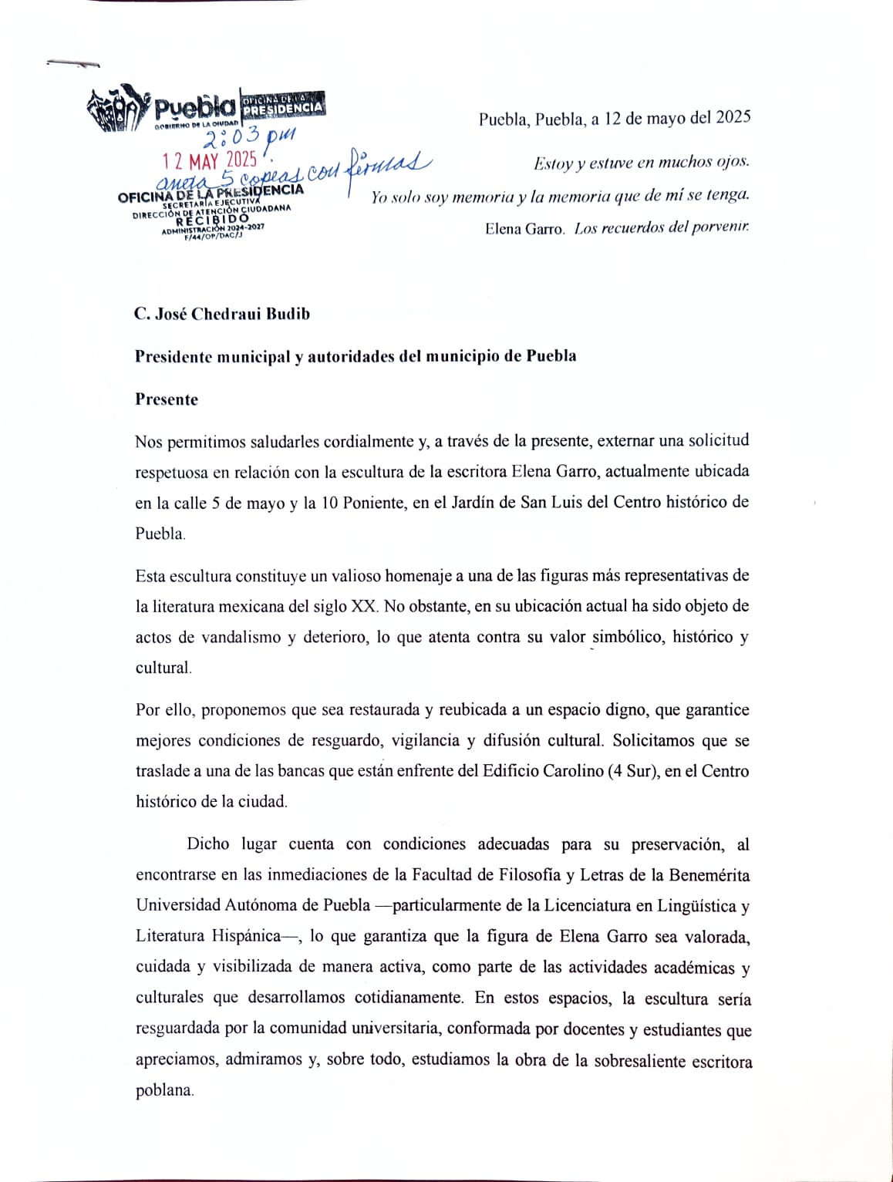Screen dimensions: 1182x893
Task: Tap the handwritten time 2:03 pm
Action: click(x=248, y=139)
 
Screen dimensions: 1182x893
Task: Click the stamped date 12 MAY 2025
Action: click(x=209, y=161)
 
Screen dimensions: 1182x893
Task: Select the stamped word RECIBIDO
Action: click(x=212, y=220)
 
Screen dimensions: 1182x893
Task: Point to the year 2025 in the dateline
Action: click(x=733, y=117)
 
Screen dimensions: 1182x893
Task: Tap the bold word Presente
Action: click(x=167, y=399)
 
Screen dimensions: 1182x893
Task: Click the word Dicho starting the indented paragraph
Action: click(x=208, y=844)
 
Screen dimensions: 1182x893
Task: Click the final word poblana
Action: click(x=163, y=1090)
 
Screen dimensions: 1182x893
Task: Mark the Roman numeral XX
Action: click(x=363, y=606)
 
